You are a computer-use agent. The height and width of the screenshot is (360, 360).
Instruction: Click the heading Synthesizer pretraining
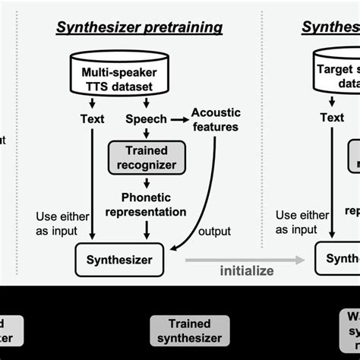coord(139,28)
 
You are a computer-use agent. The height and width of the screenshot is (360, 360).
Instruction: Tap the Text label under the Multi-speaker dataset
coord(92,118)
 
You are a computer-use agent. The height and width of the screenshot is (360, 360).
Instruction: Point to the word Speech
coord(141,118)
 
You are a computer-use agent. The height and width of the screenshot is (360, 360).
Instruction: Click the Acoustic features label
coord(216,118)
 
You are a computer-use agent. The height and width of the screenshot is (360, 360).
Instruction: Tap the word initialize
coord(246,271)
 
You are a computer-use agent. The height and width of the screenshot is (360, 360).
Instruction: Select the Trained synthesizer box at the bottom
coord(189,330)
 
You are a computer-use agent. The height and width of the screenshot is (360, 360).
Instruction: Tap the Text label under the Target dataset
coord(332,118)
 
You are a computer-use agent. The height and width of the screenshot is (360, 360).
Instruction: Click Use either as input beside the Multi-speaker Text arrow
coord(58,222)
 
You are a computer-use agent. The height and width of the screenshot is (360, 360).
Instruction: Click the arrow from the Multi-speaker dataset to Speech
coord(141,104)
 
